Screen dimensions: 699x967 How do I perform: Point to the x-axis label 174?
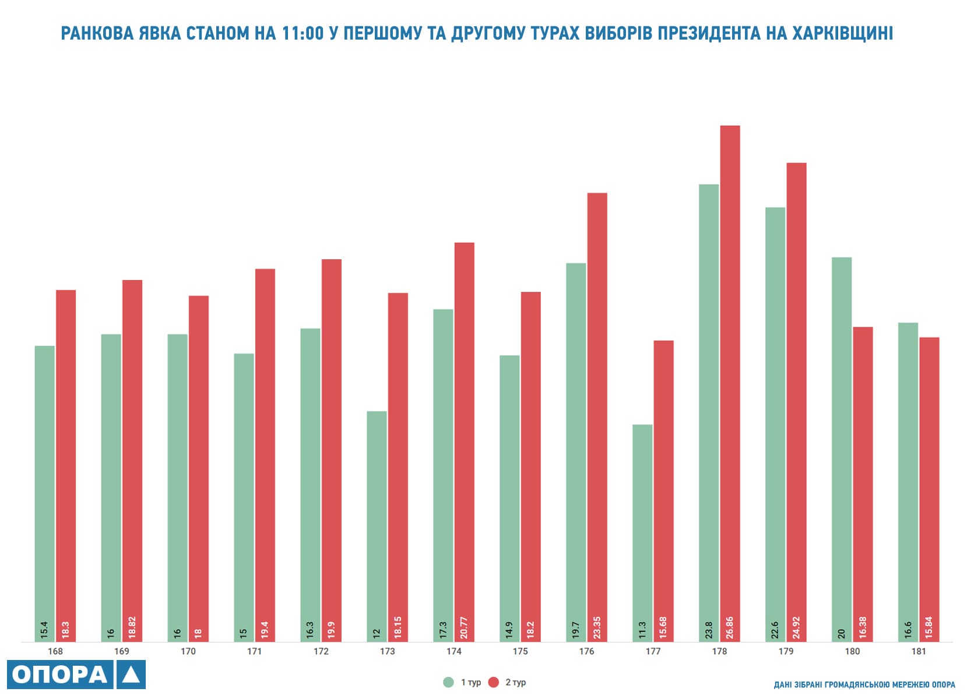(x=453, y=651)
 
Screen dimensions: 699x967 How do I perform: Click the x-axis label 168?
(x=55, y=651)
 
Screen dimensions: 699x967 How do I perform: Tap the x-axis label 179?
(x=786, y=651)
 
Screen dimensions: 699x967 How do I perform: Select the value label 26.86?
(x=730, y=628)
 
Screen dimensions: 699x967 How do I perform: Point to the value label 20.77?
(x=464, y=628)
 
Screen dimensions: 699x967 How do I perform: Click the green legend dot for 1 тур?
(x=448, y=682)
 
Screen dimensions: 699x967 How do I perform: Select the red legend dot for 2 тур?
(x=494, y=682)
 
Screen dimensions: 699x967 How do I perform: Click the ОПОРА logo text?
(x=60, y=675)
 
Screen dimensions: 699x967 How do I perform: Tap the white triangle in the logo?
(x=131, y=675)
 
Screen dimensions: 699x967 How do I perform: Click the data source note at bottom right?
(x=864, y=684)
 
